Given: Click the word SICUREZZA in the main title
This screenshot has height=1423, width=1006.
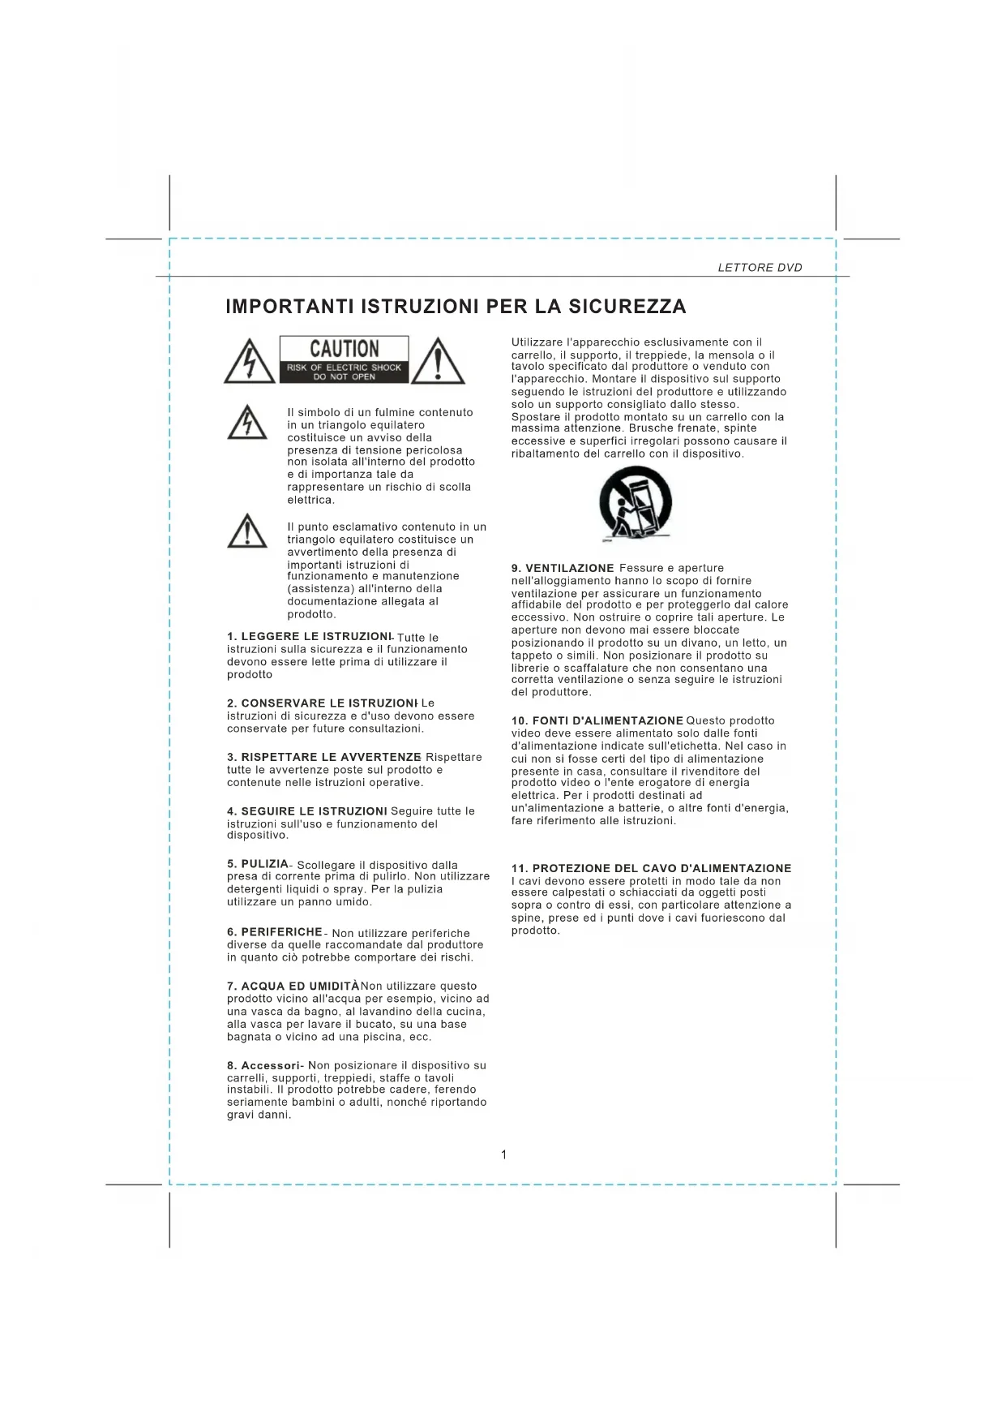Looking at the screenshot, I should [x=627, y=307].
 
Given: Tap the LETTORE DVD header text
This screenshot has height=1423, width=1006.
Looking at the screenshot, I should [x=760, y=268].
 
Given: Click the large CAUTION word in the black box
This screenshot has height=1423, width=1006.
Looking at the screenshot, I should [x=345, y=349].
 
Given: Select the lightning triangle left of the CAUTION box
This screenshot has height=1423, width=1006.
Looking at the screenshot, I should [x=250, y=362].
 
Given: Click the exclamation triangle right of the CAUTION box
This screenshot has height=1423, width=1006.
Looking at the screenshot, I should [x=438, y=362].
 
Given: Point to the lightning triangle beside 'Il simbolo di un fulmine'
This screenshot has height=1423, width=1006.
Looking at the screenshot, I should [x=247, y=423].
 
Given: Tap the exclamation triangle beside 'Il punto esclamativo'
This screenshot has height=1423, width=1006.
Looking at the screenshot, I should [x=247, y=531].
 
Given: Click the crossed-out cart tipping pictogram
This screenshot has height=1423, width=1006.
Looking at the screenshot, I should [x=635, y=505].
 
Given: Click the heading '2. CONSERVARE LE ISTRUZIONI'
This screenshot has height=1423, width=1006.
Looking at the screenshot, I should [x=322, y=703].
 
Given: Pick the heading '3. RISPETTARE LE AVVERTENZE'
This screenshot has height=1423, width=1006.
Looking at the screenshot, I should [x=324, y=757].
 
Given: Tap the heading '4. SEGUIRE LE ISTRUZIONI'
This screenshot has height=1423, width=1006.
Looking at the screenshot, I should [x=307, y=811].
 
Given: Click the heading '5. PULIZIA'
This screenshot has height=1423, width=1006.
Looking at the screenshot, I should [x=258, y=864].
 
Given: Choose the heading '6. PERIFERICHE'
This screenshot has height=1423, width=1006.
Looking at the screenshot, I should [x=275, y=932].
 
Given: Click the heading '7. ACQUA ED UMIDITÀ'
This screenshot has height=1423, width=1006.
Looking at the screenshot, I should [x=293, y=987].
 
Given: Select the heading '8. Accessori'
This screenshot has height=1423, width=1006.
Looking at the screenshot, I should [x=264, y=1065].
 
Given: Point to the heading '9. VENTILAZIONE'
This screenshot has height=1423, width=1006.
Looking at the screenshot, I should [x=563, y=568].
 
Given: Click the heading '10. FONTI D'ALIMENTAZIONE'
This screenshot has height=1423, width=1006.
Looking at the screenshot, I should [x=597, y=720].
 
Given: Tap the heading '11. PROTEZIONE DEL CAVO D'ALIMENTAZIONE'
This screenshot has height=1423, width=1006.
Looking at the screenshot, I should [x=651, y=868].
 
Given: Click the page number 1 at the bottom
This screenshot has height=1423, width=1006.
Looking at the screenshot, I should [x=503, y=1154].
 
